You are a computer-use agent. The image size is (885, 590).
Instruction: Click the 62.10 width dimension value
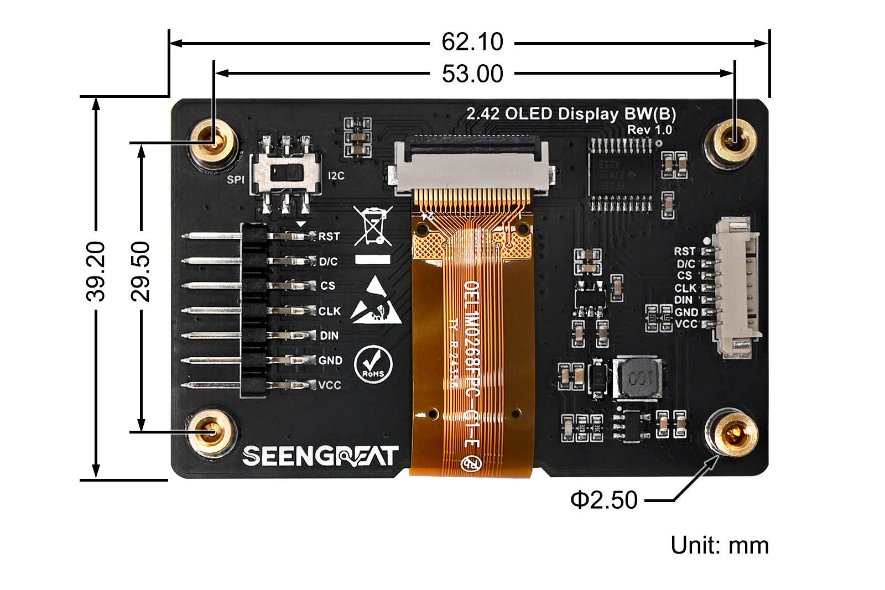(x=472, y=42)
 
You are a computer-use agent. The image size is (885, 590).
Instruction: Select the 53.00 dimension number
(x=472, y=74)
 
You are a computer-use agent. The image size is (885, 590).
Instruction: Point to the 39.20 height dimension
(x=96, y=271)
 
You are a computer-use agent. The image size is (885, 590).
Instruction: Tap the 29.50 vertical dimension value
(x=140, y=271)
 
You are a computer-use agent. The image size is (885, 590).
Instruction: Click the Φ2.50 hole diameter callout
(x=604, y=500)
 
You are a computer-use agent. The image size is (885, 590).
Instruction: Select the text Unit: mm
(x=719, y=545)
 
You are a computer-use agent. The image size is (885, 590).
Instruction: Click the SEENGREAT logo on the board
(x=320, y=456)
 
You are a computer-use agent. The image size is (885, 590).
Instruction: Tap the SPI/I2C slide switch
(x=286, y=174)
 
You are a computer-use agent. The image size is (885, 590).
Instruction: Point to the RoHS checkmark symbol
(x=373, y=364)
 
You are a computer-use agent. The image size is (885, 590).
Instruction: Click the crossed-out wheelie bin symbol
(x=373, y=226)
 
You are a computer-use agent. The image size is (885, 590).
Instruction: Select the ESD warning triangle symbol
(x=376, y=301)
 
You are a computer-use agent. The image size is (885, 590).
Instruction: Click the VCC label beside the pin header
(x=330, y=385)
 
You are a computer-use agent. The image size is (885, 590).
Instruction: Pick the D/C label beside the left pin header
(x=329, y=262)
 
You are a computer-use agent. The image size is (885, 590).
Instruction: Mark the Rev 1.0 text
(x=649, y=130)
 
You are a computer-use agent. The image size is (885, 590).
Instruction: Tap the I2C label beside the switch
(x=336, y=176)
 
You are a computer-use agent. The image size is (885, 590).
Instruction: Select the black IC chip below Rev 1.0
(x=620, y=174)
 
